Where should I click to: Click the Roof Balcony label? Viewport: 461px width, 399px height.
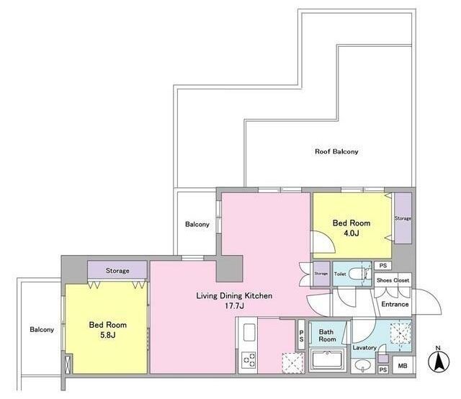pyautogui.click(x=336, y=152)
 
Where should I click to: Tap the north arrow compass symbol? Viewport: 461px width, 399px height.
pyautogui.click(x=439, y=361)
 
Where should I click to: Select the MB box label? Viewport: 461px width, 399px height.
pyautogui.click(x=403, y=366)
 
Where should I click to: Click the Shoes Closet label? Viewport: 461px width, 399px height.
pyautogui.click(x=393, y=280)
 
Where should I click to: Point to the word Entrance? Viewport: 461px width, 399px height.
pyautogui.click(x=395, y=304)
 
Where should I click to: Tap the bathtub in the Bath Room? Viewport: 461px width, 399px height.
pyautogui.click(x=328, y=359)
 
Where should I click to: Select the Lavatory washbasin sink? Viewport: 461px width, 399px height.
pyautogui.click(x=363, y=366)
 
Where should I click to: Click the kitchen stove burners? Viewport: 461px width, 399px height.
pyautogui.click(x=249, y=360)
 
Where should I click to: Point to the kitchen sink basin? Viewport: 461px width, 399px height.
pyautogui.click(x=249, y=332)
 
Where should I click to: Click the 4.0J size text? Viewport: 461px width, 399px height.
pyautogui.click(x=352, y=233)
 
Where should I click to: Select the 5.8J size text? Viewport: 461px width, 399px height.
pyautogui.click(x=108, y=335)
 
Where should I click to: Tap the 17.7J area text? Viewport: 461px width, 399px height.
pyautogui.click(x=234, y=306)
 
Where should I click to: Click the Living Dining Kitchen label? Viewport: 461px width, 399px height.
pyautogui.click(x=234, y=295)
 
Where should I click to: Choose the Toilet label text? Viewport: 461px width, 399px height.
pyautogui.click(x=340, y=274)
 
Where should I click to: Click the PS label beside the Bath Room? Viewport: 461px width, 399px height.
pyautogui.click(x=301, y=336)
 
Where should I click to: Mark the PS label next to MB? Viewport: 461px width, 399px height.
pyautogui.click(x=382, y=369)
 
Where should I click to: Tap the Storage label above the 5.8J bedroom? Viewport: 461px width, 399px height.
pyautogui.click(x=117, y=271)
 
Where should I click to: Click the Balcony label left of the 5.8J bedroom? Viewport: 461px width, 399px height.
pyautogui.click(x=42, y=330)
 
